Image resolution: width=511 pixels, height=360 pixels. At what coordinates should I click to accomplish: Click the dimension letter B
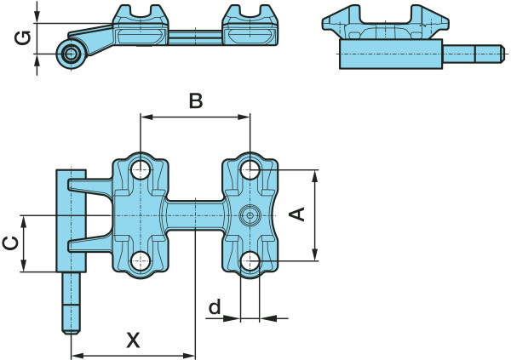195,101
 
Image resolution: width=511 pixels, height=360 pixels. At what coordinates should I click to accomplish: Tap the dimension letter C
11,243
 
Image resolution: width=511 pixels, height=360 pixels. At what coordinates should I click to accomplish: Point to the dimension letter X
134,340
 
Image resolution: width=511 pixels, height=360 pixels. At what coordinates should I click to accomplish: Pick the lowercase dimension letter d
215,305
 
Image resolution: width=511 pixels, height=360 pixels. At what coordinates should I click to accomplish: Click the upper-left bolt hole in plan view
141,170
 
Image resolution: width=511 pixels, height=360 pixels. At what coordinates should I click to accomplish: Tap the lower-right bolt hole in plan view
250,260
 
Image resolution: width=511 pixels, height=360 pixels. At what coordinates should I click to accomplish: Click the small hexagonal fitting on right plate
249,215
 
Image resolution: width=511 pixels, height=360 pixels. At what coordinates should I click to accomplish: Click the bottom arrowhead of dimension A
315,254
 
